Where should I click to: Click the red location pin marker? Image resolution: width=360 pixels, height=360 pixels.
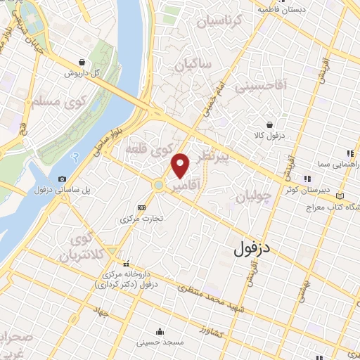tap(181, 165)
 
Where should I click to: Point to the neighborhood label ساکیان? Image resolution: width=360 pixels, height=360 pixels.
tap(188, 66)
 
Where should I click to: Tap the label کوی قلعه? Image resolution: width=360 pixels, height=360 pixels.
tap(148, 149)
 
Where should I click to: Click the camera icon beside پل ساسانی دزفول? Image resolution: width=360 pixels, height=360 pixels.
tap(63, 179)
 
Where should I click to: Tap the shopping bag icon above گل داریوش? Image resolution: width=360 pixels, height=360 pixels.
tap(83, 62)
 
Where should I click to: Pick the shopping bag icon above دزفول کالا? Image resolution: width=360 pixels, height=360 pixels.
tap(270, 124)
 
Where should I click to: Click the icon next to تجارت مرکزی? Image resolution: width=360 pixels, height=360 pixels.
tap(141, 207)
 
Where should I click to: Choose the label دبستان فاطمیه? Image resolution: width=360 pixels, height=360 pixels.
tap(281, 10)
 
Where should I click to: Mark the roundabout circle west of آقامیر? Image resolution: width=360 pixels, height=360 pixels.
tap(160, 185)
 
